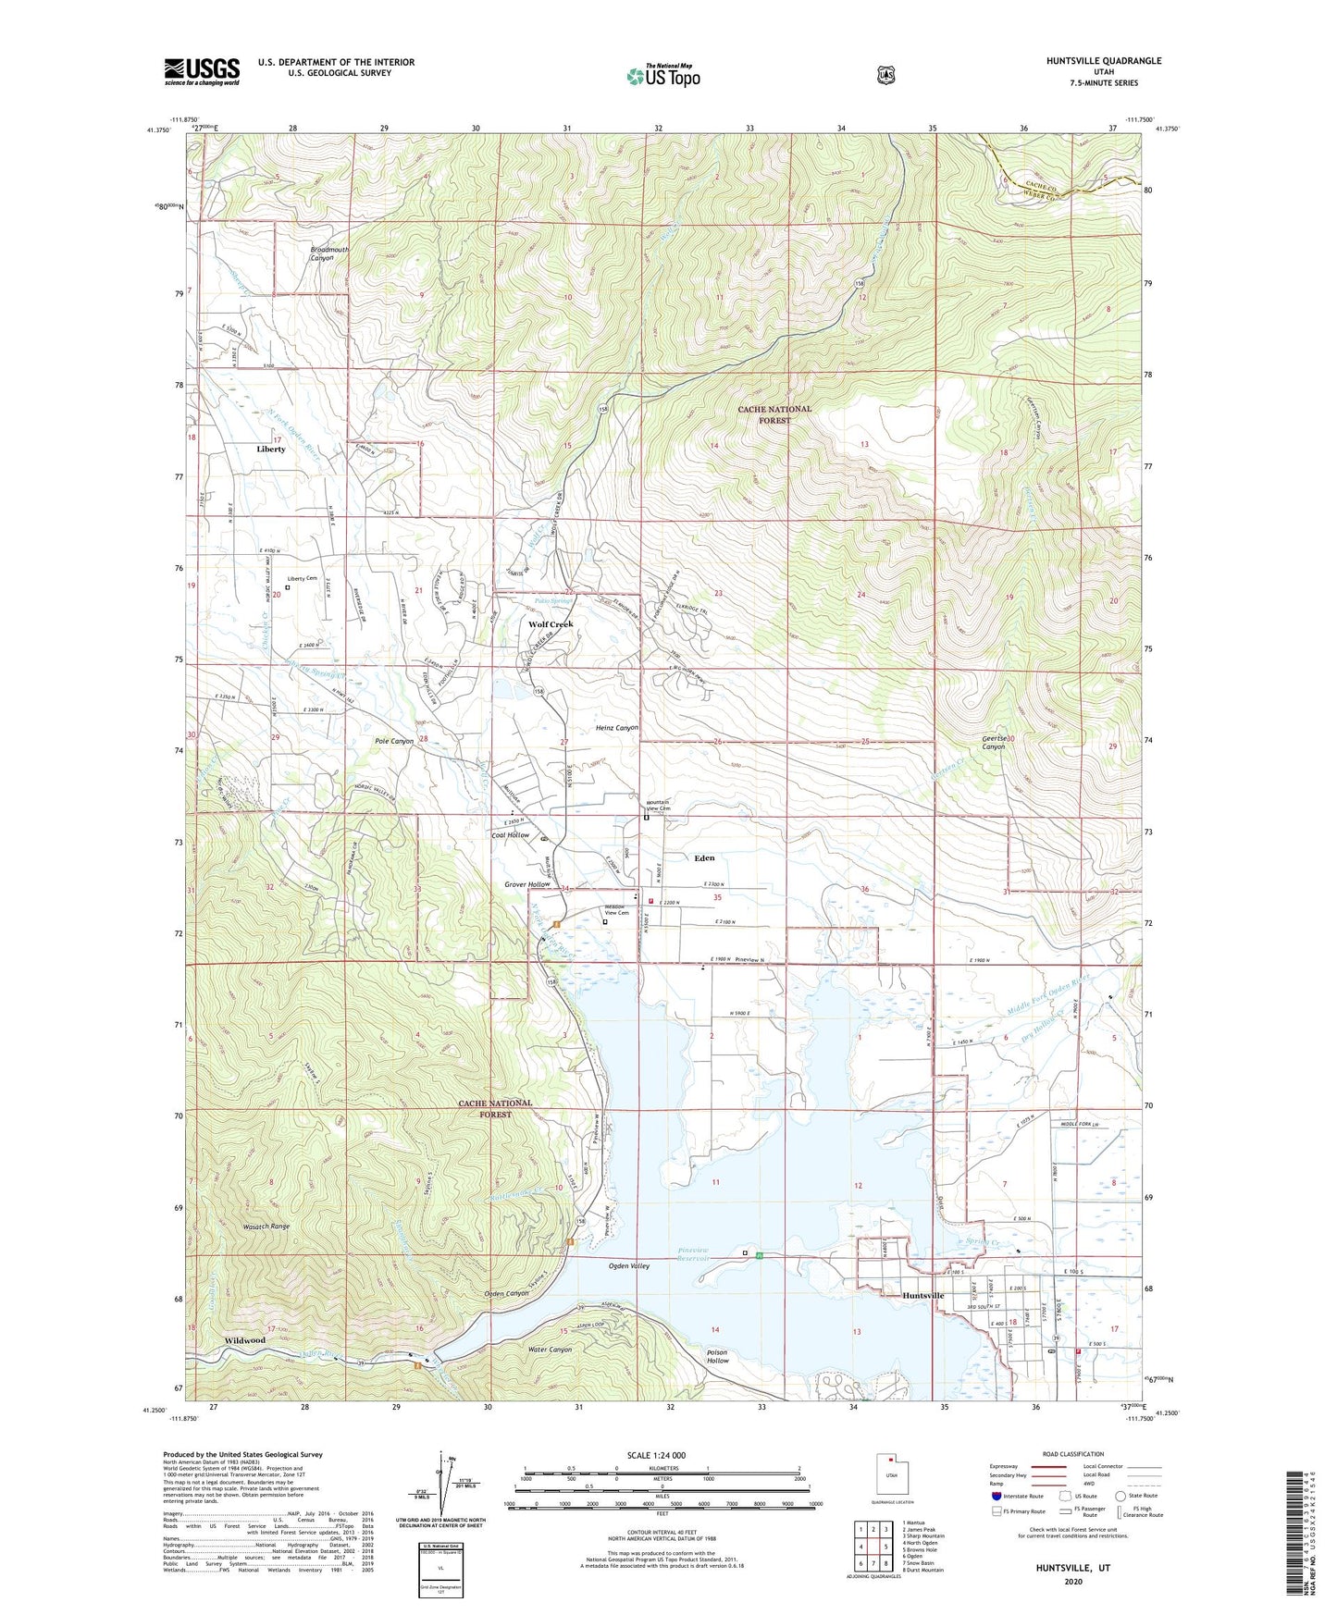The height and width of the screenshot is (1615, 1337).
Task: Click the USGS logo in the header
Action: [x=202, y=71]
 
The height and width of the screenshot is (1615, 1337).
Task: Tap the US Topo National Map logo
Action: [x=662, y=75]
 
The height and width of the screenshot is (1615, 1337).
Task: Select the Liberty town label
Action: [x=271, y=449]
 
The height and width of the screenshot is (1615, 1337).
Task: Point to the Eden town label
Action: [x=704, y=858]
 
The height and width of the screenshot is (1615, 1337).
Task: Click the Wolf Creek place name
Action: [x=551, y=624]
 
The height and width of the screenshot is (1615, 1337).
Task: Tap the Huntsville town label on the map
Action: [x=922, y=1296]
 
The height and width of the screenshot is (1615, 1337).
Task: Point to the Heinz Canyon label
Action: [x=616, y=728]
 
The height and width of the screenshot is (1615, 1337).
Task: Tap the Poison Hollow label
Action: [x=717, y=1357]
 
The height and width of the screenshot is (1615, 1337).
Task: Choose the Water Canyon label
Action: [x=550, y=1350]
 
